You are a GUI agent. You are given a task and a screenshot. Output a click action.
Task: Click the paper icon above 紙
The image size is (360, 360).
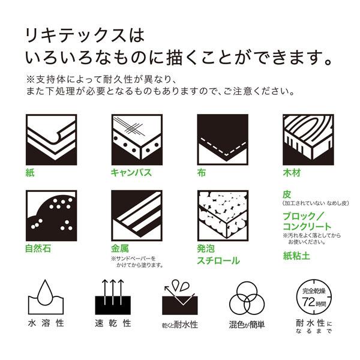(x=51, y=140)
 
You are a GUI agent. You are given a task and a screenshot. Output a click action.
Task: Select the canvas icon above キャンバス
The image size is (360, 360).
(x=137, y=140)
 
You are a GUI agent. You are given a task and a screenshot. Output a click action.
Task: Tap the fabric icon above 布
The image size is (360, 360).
(x=223, y=140)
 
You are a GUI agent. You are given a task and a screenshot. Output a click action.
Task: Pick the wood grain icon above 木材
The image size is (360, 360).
(x=308, y=140)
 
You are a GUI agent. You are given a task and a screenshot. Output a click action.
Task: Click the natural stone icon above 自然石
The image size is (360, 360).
(x=51, y=215)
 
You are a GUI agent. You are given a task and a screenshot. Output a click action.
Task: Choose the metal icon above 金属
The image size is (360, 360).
(x=137, y=215)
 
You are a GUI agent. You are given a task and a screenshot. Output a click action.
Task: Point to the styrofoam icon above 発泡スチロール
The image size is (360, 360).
(x=223, y=215)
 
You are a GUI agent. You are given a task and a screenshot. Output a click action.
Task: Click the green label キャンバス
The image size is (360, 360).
(x=131, y=173)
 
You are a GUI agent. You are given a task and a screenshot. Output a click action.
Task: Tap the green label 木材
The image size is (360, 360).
(x=292, y=173)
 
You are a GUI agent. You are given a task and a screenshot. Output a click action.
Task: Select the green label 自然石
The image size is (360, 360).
(x=38, y=248)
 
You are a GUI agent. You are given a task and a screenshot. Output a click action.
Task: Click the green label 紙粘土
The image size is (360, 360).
(x=296, y=256)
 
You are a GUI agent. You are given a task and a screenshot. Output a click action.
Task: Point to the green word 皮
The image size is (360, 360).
(x=287, y=194)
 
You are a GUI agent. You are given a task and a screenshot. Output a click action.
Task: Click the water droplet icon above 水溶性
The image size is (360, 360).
(x=46, y=297)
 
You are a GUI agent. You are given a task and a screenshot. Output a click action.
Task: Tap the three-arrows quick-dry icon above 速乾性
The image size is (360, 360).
(x=113, y=297)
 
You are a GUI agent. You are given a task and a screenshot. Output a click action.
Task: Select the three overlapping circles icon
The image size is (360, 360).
(x=247, y=298)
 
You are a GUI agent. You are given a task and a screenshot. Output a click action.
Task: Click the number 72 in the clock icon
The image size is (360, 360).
(x=308, y=302)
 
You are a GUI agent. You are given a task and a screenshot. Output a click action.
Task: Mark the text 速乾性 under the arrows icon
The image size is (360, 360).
(x=113, y=323)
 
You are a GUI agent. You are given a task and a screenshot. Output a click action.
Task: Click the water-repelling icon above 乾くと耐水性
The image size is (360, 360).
(x=180, y=297)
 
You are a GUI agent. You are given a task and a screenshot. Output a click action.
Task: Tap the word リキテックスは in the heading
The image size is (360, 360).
(x=85, y=35)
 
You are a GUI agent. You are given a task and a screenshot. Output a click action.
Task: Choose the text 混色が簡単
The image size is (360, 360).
(x=247, y=325)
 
